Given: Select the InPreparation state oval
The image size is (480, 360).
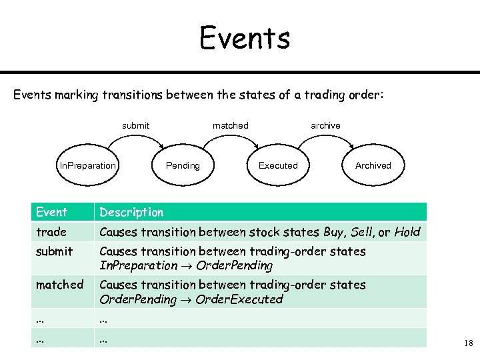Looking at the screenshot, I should pos(88,165).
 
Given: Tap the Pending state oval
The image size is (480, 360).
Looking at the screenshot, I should pos(183,165).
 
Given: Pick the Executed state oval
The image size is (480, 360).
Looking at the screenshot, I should pos(278,165).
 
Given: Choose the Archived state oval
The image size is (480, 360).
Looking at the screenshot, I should pos(373,165).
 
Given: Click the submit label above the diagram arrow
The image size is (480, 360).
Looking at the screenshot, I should pos(135,125).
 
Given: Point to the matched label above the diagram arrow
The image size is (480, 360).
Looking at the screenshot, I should pos(230,125).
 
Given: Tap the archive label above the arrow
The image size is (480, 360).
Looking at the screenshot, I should pos(325,125).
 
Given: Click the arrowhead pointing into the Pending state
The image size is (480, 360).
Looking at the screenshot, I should pos(161,147).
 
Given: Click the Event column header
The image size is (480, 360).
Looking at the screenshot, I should pos(51,212).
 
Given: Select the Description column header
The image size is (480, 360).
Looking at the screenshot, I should pos(131,212).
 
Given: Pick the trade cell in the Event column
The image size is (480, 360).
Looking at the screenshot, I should pos(51,232).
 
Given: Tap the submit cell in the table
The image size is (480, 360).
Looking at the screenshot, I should pos(54,251).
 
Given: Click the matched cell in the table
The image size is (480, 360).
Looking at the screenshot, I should pos(59,285).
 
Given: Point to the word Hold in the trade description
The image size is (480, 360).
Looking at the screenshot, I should pos(407,232).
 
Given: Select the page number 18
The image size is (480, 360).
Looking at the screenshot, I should pos(467,343).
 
